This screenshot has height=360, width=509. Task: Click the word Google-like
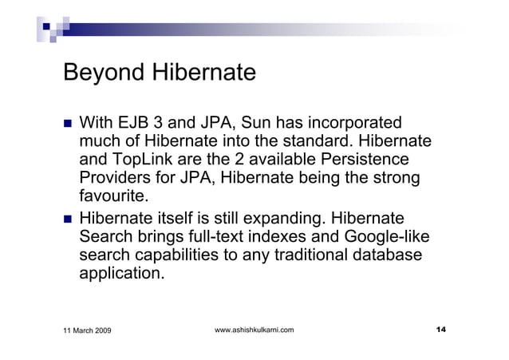[386, 236]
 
